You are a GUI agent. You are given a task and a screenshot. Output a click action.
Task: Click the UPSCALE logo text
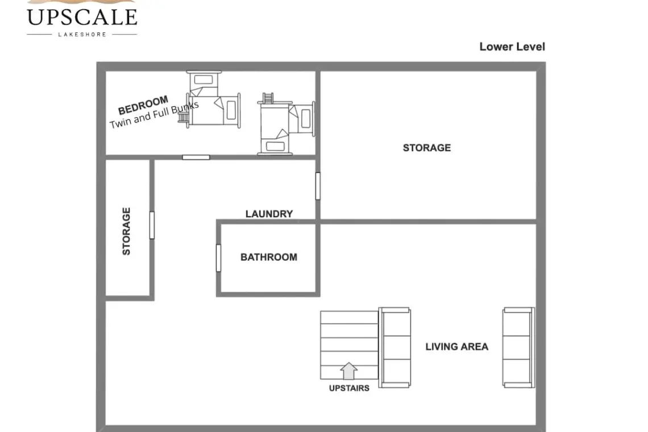pos(82,17)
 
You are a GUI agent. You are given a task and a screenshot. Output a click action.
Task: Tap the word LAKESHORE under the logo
pos(82,35)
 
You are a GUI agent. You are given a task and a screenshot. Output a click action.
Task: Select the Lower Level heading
pos(512,47)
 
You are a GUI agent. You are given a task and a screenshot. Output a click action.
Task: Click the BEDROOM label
pos(143,105)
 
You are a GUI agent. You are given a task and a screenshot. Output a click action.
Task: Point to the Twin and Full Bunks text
pos(154,114)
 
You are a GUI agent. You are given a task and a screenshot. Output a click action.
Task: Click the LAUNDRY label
pos(269,214)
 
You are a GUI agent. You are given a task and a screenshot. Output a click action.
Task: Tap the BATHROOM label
pos(269,257)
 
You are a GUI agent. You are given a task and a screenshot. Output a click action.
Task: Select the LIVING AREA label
pos(456,346)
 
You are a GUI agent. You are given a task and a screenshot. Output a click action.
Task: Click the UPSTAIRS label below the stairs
pos(349,388)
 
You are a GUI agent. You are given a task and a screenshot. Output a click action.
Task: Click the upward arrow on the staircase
pos(349,371)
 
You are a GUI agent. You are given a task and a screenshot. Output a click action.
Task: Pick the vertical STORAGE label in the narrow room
pos(126,231)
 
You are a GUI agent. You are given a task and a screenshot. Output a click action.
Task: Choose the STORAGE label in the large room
pos(427,148)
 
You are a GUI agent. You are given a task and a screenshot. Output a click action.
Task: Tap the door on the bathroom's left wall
pos(218,258)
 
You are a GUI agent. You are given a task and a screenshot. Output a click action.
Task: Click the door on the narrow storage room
pos(152,225)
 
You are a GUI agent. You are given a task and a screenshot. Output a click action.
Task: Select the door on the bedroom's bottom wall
pos(196,157)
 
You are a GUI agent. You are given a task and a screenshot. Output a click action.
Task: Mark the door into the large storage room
pos(317,186)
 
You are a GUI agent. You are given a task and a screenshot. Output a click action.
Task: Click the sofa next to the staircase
pos(394,347)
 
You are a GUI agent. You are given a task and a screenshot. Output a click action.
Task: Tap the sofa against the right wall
pos(518,347)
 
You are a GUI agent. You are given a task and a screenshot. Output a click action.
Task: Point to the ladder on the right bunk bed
pos(268,98)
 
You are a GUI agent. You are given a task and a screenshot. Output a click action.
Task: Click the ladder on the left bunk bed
pos(182,117)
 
